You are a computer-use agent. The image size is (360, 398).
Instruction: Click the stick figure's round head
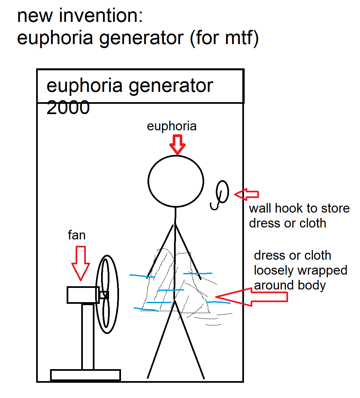[176, 181]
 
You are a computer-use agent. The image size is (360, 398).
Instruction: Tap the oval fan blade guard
[107, 294]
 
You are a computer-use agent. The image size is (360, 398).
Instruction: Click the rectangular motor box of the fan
[83, 295]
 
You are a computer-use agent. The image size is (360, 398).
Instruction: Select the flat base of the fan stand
[85, 375]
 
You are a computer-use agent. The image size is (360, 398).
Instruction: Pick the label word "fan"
[77, 235]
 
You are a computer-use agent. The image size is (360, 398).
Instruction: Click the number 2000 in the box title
[68, 108]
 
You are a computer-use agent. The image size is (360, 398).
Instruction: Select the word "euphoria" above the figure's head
[172, 126]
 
